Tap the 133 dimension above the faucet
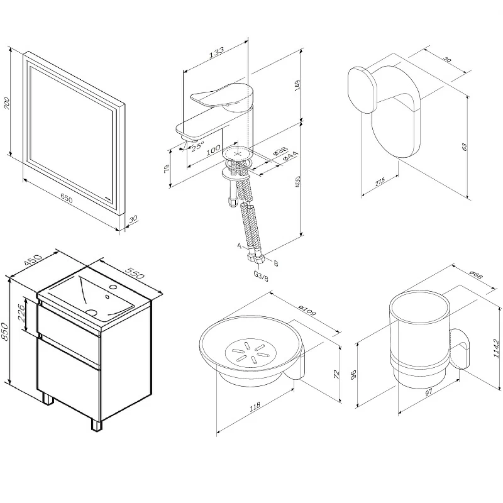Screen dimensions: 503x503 216,53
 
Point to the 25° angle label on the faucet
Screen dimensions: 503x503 197,146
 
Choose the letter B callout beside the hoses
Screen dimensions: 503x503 276,262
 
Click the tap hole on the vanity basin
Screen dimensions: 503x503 113,289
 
